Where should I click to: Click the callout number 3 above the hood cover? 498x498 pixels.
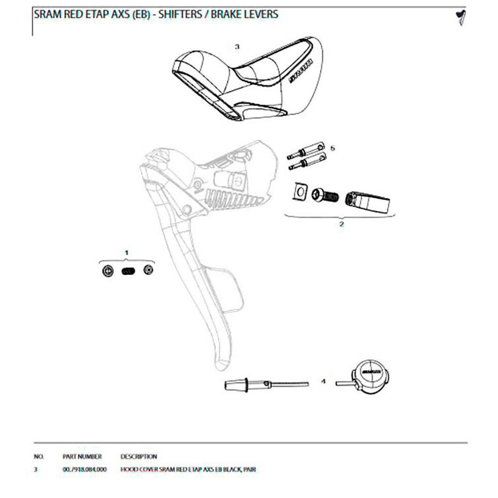pos(237,46)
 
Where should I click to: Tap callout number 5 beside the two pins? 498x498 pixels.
pos(333,148)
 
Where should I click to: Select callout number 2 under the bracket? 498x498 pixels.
pos(341,224)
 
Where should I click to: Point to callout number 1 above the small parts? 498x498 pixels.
pos(126,253)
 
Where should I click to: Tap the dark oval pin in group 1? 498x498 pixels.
pos(127,271)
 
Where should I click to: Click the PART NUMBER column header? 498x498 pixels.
pos(82,456)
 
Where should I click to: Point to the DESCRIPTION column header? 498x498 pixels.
pos(138,456)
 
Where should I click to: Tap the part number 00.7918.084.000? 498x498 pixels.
pos(85,470)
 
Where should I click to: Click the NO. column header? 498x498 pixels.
pos(39,456)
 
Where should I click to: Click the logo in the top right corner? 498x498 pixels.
pos(460,16)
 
